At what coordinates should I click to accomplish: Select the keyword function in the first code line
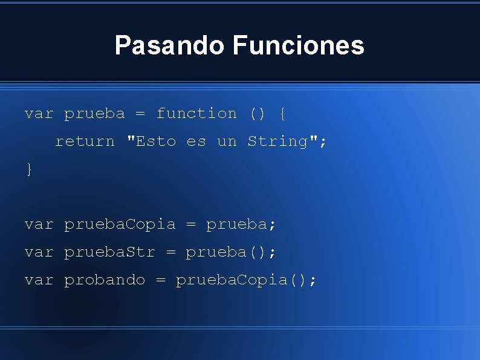[x=196, y=113]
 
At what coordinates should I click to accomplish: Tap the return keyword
[x=85, y=141]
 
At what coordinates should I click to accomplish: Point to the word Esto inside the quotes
[x=156, y=141]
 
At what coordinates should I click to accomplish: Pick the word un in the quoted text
[x=227, y=141]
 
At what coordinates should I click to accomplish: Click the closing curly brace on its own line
[x=28, y=169]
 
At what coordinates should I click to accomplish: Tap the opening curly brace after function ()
[x=282, y=113]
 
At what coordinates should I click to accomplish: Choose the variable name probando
[x=105, y=280]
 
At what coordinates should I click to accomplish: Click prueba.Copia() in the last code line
[x=245, y=280]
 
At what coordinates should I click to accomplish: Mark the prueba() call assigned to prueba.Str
[x=230, y=252]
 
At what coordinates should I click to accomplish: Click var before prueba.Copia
[x=39, y=224]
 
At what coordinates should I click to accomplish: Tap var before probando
[x=39, y=280]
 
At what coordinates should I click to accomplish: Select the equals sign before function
[x=140, y=113]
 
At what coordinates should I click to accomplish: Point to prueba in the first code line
[x=94, y=113]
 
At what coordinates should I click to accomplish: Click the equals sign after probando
[x=161, y=280]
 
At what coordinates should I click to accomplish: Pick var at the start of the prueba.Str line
[x=39, y=252]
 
